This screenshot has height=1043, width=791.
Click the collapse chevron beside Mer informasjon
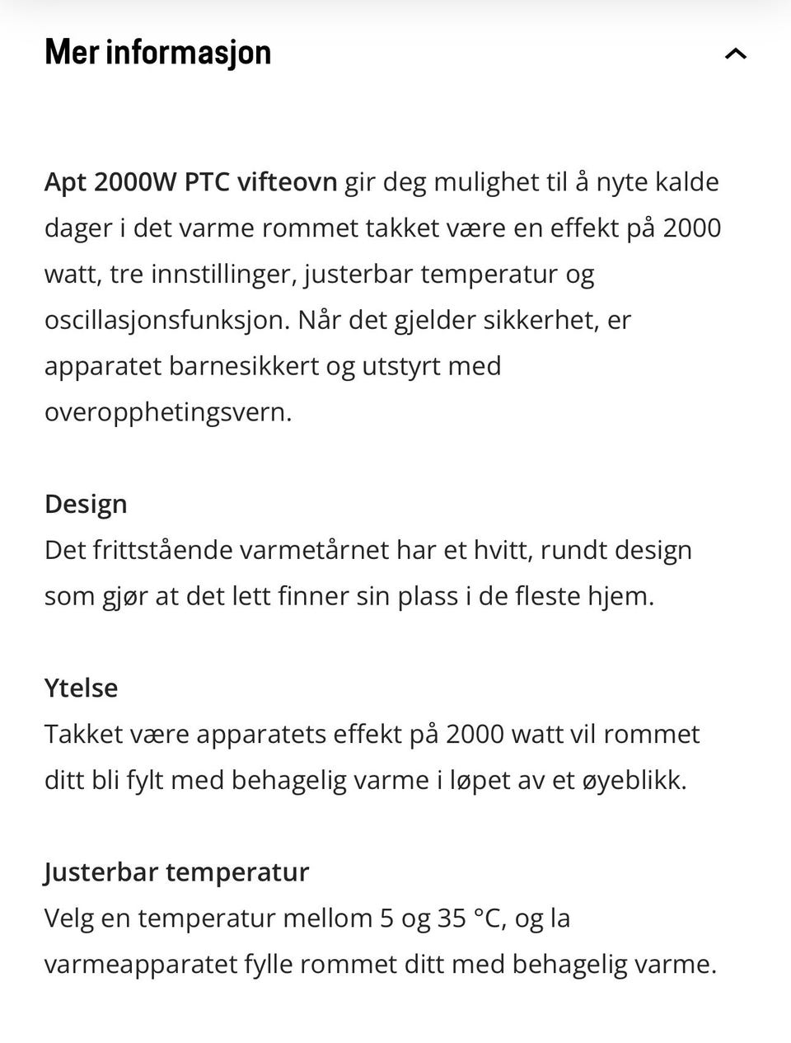(735, 54)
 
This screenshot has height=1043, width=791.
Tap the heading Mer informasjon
(158, 53)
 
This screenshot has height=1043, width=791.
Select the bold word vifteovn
(287, 181)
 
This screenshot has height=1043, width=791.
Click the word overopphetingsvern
(168, 412)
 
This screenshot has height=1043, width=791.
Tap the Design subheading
(86, 504)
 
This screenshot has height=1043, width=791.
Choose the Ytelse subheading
(81, 688)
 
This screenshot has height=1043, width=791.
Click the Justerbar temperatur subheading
(176, 872)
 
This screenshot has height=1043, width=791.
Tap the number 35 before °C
(452, 918)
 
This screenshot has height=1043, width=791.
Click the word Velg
(68, 918)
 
